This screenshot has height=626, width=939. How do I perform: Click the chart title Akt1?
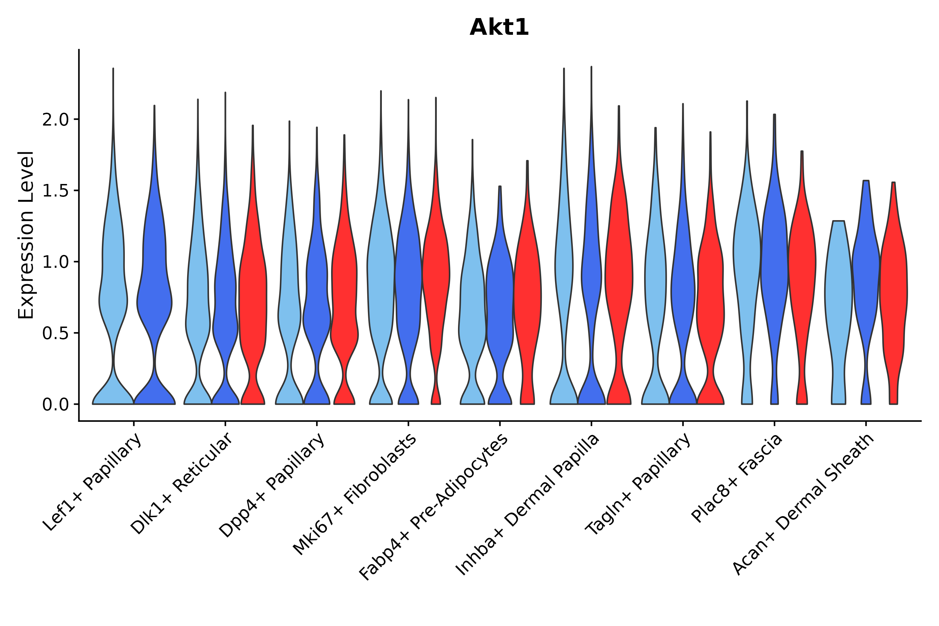(x=499, y=27)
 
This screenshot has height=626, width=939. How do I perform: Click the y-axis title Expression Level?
(x=26, y=235)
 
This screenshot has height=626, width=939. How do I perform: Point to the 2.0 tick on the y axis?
(x=56, y=120)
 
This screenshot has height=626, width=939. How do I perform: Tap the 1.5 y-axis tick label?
(x=56, y=191)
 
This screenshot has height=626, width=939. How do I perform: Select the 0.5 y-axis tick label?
(x=56, y=334)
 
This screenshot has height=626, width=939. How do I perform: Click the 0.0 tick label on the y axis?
(x=56, y=405)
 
